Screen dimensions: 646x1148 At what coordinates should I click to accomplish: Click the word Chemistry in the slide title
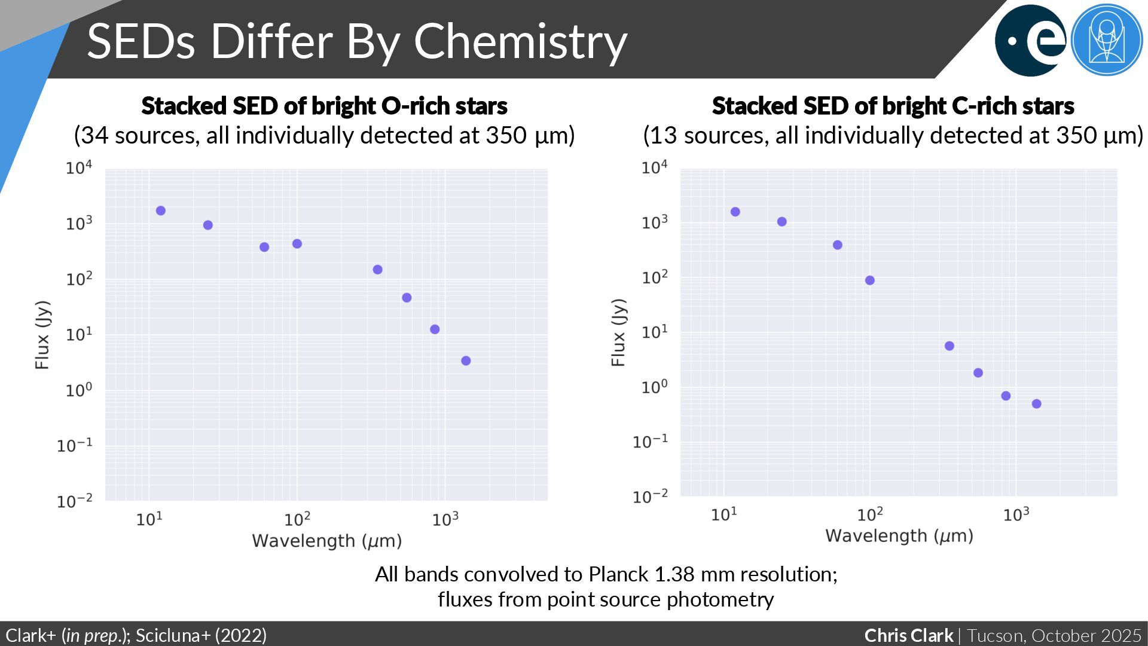tap(520, 42)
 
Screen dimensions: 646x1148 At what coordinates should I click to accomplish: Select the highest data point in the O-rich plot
tap(160, 211)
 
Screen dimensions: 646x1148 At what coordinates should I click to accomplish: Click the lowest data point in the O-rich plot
tap(466, 361)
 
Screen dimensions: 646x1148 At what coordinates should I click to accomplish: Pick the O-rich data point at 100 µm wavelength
tap(297, 243)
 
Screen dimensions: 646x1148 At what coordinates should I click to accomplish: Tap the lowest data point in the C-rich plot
tap(1036, 404)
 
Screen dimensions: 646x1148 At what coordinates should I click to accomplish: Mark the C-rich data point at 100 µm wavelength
tap(869, 281)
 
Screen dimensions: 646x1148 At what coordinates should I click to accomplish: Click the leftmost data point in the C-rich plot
tap(735, 212)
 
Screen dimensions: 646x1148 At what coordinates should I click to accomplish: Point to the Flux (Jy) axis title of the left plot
tap(42, 335)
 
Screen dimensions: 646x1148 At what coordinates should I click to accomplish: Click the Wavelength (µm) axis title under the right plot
tap(899, 536)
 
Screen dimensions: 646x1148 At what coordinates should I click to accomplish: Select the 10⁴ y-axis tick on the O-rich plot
tap(79, 168)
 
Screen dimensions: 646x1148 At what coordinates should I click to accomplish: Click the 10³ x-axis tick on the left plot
tap(445, 519)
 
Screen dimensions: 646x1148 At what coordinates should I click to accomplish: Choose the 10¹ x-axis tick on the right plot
tap(723, 514)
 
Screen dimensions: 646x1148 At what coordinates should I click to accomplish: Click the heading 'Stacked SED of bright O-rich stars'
tap(324, 106)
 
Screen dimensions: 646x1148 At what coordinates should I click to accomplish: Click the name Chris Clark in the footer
tap(909, 635)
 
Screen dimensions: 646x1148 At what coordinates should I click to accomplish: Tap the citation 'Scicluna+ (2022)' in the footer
tap(201, 635)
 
